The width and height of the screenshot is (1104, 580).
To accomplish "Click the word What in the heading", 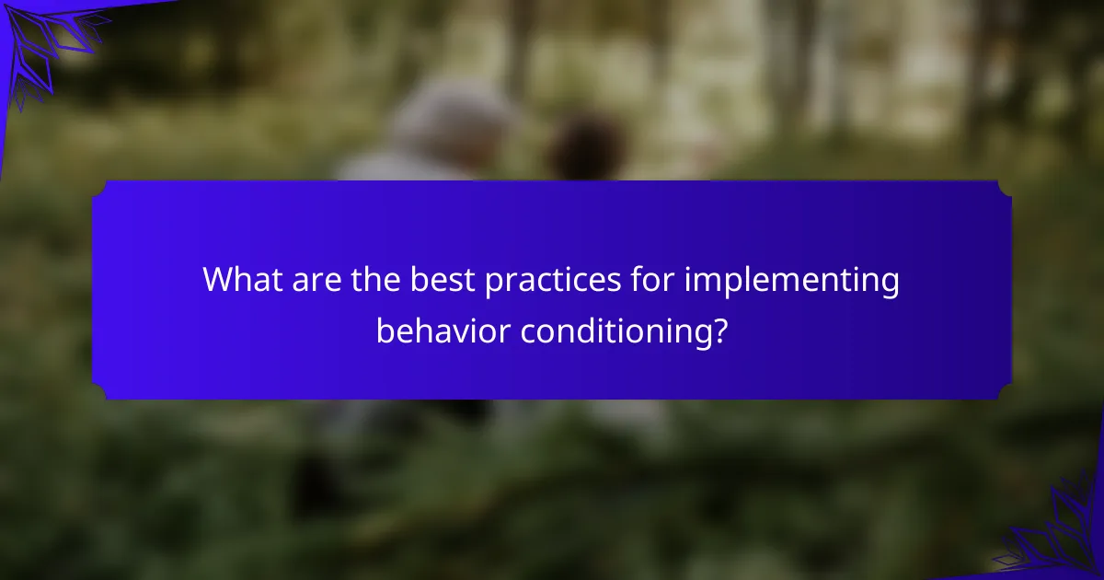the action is pyautogui.click(x=243, y=279).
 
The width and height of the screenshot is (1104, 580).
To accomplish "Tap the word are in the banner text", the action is pyautogui.click(x=316, y=280).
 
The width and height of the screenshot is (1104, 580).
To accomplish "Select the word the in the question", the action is pyautogui.click(x=375, y=279).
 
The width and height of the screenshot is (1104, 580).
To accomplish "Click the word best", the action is pyautogui.click(x=443, y=279).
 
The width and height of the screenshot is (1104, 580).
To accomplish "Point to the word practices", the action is pyautogui.click(x=553, y=281).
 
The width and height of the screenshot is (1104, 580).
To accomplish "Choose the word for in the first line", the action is pyautogui.click(x=652, y=279).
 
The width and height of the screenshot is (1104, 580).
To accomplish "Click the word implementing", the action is pyautogui.click(x=791, y=281).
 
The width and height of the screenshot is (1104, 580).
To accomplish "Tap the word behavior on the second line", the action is pyautogui.click(x=443, y=331).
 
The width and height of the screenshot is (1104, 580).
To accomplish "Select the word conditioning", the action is pyautogui.click(x=616, y=332).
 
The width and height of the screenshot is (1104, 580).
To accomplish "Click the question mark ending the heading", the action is pyautogui.click(x=720, y=331).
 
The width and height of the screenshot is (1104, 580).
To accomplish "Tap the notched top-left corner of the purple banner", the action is pyautogui.click(x=98, y=188).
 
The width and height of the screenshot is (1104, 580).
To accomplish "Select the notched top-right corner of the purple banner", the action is pyautogui.click(x=1005, y=188).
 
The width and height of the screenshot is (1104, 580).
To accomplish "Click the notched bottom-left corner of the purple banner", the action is pyautogui.click(x=98, y=392).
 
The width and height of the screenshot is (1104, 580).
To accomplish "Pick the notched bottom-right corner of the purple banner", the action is pyautogui.click(x=1005, y=392).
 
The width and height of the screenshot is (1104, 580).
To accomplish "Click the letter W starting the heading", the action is pyautogui.click(x=220, y=280).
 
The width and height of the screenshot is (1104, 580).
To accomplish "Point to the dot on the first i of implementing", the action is pyautogui.click(x=688, y=268).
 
